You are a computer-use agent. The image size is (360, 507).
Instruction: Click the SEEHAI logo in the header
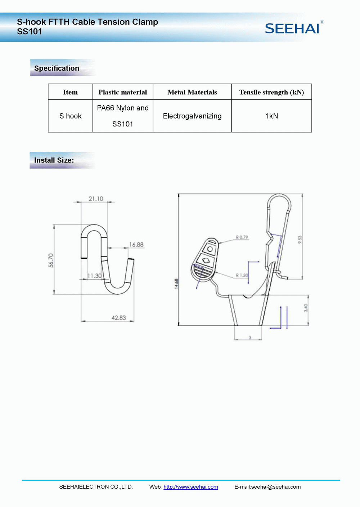point(292,28)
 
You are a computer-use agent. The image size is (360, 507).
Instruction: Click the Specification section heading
point(57,68)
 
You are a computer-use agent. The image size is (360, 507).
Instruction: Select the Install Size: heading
point(54,160)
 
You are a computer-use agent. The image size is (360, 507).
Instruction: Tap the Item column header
point(71,92)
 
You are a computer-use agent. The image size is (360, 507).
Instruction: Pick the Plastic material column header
point(123,92)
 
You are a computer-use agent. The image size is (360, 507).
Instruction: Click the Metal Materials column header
point(192,92)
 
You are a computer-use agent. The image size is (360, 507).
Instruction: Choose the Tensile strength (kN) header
point(271,92)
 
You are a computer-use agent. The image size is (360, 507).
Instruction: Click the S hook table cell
point(71,116)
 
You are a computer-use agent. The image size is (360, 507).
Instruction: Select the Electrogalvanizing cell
point(192,116)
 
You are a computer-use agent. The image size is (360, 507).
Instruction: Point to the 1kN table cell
point(271,116)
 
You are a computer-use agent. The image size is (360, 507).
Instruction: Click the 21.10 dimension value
point(96,199)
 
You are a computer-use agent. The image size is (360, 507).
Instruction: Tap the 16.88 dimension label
point(136,245)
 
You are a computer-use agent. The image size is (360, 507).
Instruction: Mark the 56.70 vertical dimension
point(51,260)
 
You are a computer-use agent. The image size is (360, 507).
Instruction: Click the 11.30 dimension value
point(94,276)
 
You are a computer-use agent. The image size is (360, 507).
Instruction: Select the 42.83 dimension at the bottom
point(119,318)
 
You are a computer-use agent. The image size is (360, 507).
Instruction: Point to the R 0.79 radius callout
point(242,237)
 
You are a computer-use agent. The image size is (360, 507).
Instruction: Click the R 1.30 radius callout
point(242,275)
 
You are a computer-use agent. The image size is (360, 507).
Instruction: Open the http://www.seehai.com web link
point(191,487)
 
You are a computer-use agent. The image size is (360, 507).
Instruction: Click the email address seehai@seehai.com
point(276,487)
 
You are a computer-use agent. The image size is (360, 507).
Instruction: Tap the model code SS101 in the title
point(30,32)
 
